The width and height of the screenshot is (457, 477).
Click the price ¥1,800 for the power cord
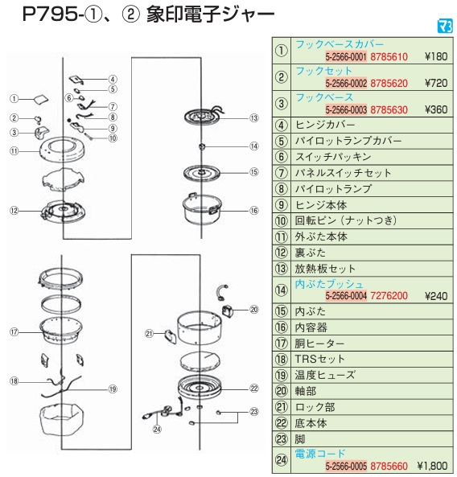[432, 466]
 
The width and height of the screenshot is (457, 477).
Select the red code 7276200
[389, 296]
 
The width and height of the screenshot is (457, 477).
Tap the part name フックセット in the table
[323, 71]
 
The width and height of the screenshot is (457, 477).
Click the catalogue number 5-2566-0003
[346, 109]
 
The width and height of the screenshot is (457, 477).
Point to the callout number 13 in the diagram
[253, 118]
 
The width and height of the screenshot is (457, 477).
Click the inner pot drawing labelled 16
[202, 208]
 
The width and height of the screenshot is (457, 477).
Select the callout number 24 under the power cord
[157, 430]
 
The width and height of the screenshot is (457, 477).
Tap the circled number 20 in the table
[281, 391]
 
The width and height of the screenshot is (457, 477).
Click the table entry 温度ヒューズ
[324, 375]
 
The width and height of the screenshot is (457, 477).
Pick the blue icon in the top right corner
[445, 27]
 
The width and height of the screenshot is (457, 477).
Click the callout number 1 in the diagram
[14, 99]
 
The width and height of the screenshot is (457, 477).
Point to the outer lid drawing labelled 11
[62, 150]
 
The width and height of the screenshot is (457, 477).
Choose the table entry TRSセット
[319, 359]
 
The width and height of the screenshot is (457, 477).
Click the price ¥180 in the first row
[436, 56]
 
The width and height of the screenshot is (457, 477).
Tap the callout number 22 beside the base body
[253, 389]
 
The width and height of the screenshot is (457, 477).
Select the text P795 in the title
[50, 14]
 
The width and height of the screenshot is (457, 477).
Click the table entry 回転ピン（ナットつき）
[346, 220]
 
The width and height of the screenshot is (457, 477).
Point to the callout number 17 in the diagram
[14, 332]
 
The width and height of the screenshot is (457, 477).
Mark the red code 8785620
[389, 83]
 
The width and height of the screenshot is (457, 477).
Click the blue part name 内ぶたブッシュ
[329, 284]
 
